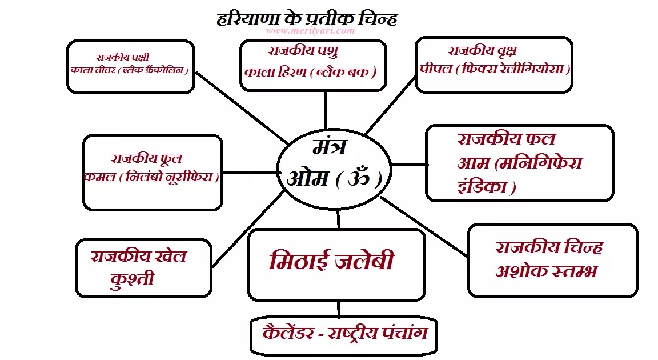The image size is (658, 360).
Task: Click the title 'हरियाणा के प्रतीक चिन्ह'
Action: click(307, 18)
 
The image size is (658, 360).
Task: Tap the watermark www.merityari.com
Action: click(310, 31)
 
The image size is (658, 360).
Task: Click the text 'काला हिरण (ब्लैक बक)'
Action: click(311, 73)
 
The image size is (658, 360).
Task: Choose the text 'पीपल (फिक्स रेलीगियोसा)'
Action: click(495, 69)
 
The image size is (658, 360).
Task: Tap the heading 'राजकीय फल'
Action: click(506, 139)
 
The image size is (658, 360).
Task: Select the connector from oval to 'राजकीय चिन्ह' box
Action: click(426, 227)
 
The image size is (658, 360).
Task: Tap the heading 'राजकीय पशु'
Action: click(303, 51)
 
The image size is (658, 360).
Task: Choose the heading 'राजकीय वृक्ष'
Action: click(483, 51)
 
